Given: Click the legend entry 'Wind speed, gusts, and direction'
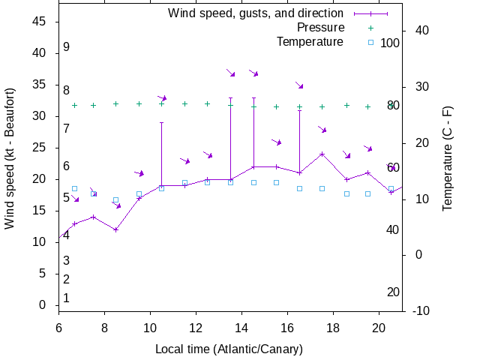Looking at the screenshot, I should pos(255,13).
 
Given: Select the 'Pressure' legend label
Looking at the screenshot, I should pos(320,27).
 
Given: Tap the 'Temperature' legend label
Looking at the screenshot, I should pos(310,41).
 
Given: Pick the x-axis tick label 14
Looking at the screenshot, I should pos(242,327).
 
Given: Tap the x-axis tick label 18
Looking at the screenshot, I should pos(334,327).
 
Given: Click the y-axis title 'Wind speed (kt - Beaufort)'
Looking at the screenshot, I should pos(10,158).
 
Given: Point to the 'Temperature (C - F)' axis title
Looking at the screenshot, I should pos(448,158).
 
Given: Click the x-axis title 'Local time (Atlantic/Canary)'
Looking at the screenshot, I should pos(229,349).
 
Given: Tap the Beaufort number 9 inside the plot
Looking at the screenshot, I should pos(66,46).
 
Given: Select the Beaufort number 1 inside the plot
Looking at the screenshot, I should pos(66,298).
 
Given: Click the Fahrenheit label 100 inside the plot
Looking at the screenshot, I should pos(390,43).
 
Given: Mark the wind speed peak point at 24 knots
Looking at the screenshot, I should pos(322,154).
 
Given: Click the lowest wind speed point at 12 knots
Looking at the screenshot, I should pos(115,229).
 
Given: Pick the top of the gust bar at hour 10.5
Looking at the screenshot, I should pos(161,123).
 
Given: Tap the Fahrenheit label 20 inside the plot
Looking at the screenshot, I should pos(393,292).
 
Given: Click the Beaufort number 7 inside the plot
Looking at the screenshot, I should pos(66,128).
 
